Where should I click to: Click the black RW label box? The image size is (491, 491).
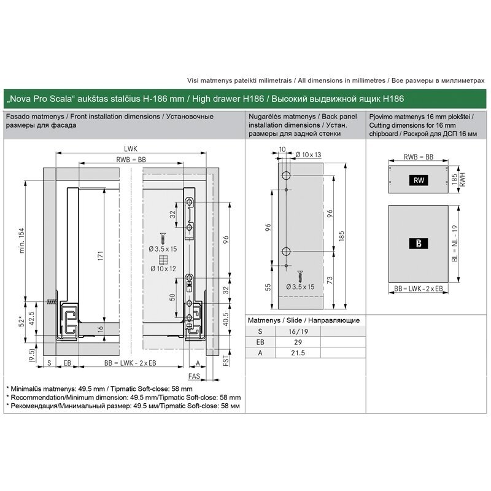(419, 180)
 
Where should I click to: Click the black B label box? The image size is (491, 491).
(419, 243)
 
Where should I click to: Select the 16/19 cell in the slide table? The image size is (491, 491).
(298, 331)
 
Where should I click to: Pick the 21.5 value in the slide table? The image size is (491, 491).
(298, 353)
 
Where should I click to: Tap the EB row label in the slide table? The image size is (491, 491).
(260, 342)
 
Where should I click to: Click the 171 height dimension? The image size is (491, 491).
(100, 256)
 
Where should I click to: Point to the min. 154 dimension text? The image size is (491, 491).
(21, 241)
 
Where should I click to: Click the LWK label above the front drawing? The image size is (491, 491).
(131, 149)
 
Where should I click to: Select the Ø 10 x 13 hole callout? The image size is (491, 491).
(309, 155)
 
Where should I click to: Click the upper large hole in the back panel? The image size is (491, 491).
(286, 176)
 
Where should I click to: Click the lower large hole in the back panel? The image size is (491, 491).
(286, 251)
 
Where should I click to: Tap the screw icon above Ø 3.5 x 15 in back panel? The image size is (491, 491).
(300, 276)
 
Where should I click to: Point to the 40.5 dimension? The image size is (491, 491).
(225, 319)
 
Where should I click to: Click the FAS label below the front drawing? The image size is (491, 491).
(194, 376)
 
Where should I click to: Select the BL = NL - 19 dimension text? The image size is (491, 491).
(455, 243)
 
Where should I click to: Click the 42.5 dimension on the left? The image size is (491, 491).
(31, 319)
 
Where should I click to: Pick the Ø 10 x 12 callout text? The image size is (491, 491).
(163, 269)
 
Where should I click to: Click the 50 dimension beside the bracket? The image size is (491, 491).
(172, 297)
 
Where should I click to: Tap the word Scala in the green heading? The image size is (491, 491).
(63, 99)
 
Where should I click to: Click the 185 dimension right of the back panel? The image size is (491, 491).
(342, 236)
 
